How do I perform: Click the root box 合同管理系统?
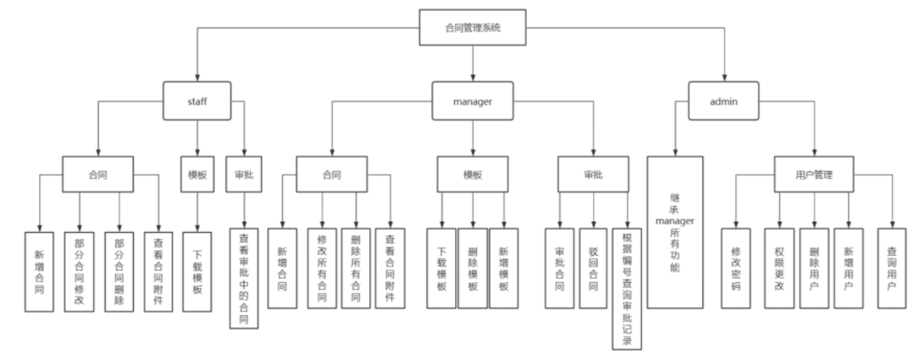pos(473,27)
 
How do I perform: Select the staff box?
pos(197,102)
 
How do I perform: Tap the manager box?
pos(473,101)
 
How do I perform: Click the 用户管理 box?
pos(814,175)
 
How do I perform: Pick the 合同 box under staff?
pos(97,175)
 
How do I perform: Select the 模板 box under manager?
pos(472,175)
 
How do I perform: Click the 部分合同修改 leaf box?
pos(79,269)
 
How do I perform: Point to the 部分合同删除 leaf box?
pos(118,269)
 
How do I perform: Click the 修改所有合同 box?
pos(321,269)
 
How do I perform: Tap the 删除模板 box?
pos(472,269)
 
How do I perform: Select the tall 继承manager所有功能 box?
pos(675,231)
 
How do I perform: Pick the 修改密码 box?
pos(735,269)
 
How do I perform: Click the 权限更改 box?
pos(779,269)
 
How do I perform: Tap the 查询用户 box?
pos(892,269)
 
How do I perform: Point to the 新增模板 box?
pos(504,269)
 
